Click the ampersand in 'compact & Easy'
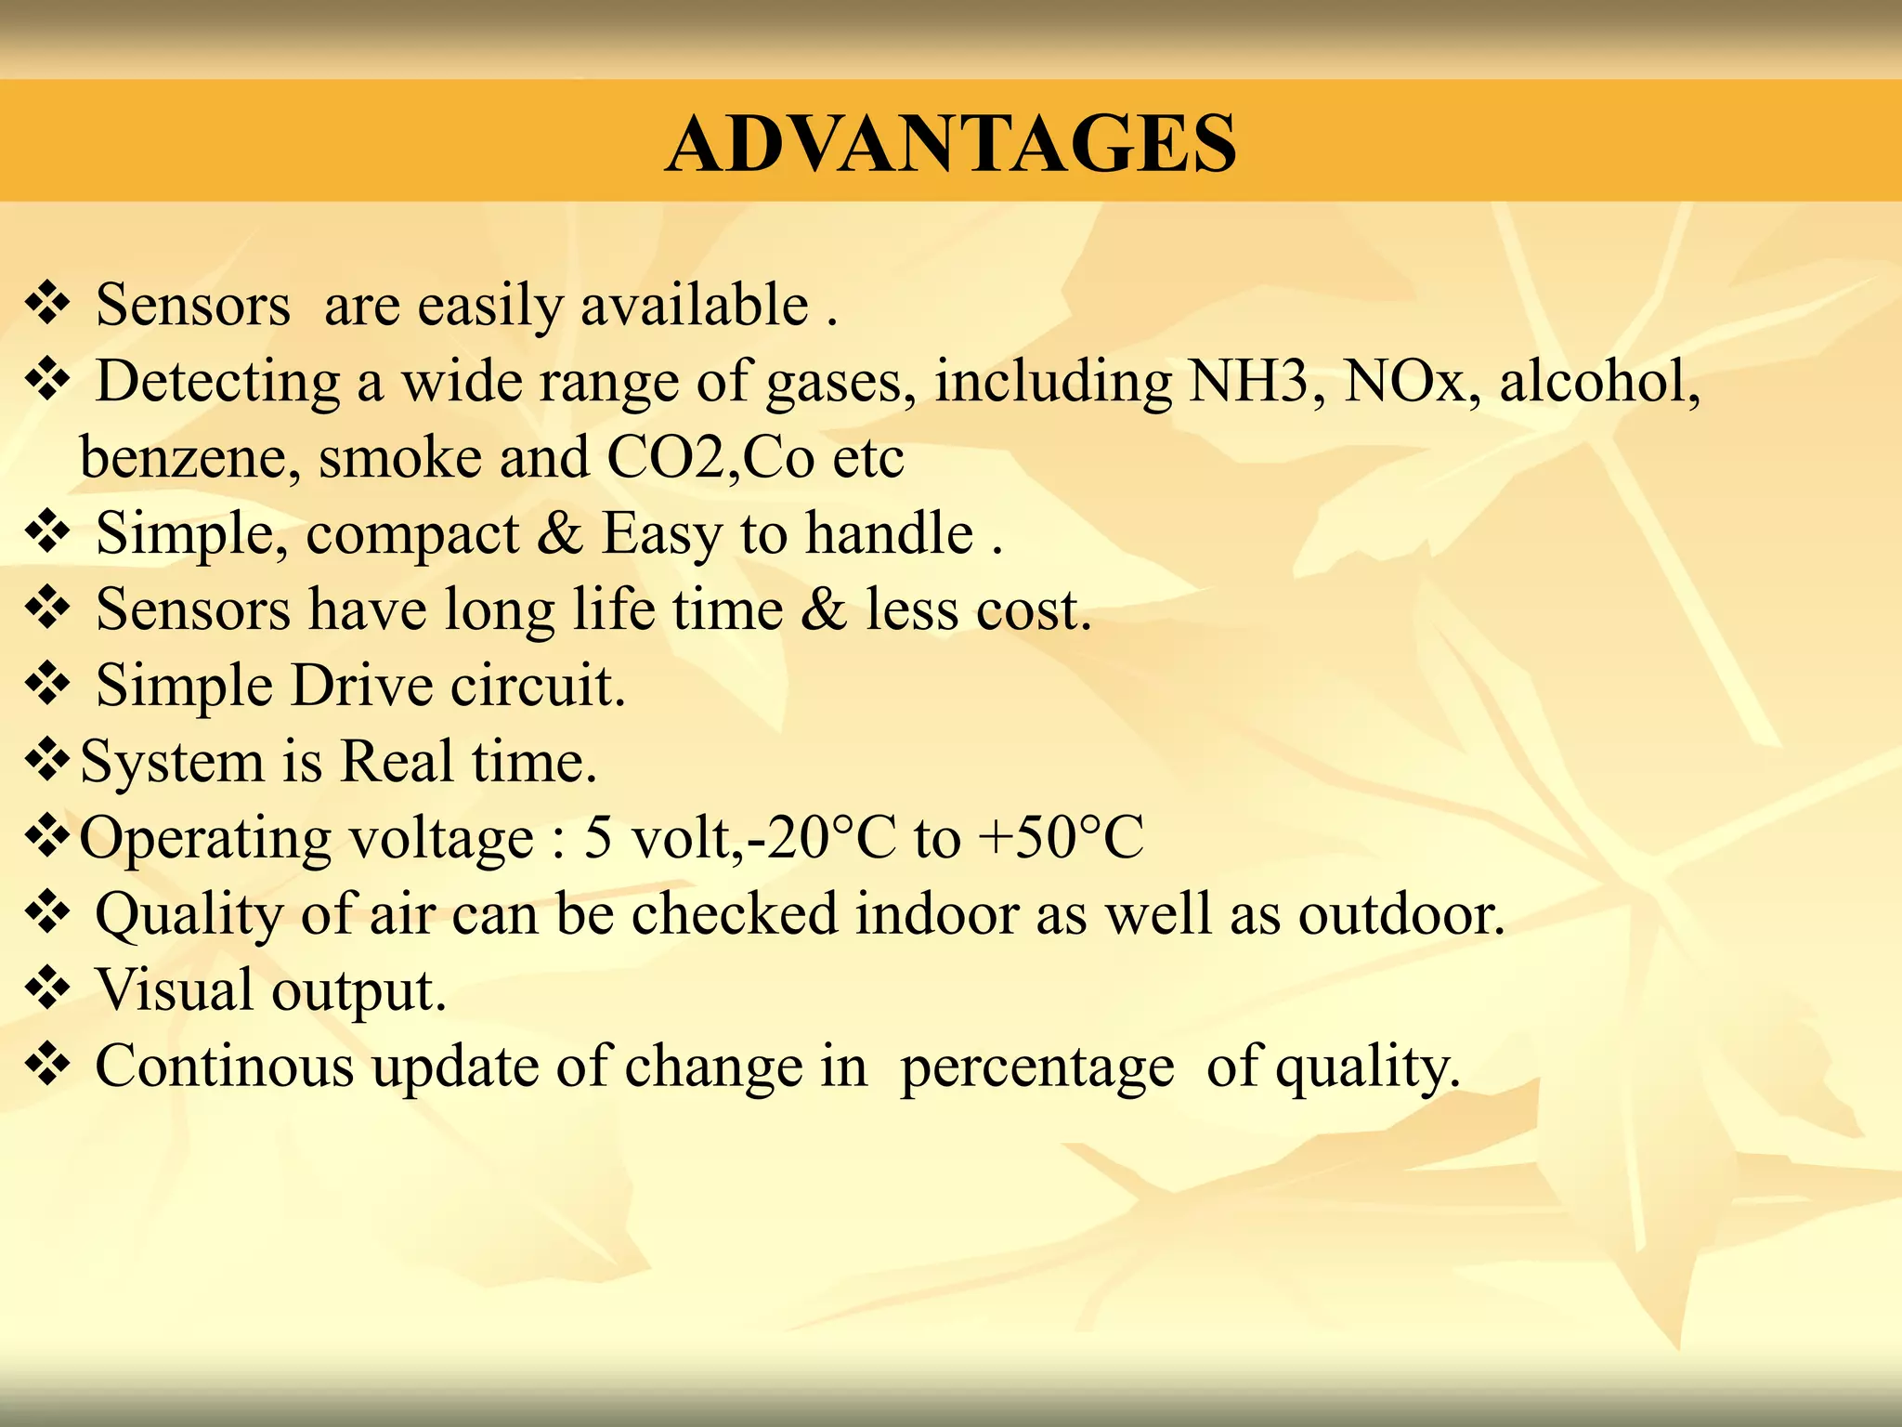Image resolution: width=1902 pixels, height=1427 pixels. [560, 534]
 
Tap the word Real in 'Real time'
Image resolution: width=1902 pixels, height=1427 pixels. [397, 763]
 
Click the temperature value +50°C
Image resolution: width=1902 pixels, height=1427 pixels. [1061, 838]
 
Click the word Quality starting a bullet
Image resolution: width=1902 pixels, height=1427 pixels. [188, 915]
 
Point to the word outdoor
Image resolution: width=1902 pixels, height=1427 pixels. [1400, 915]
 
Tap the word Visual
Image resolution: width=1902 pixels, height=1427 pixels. [174, 990]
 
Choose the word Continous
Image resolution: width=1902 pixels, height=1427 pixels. [224, 1067]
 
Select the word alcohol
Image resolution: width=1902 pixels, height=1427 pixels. [1599, 382]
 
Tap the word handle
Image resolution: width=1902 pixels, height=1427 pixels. [889, 534]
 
